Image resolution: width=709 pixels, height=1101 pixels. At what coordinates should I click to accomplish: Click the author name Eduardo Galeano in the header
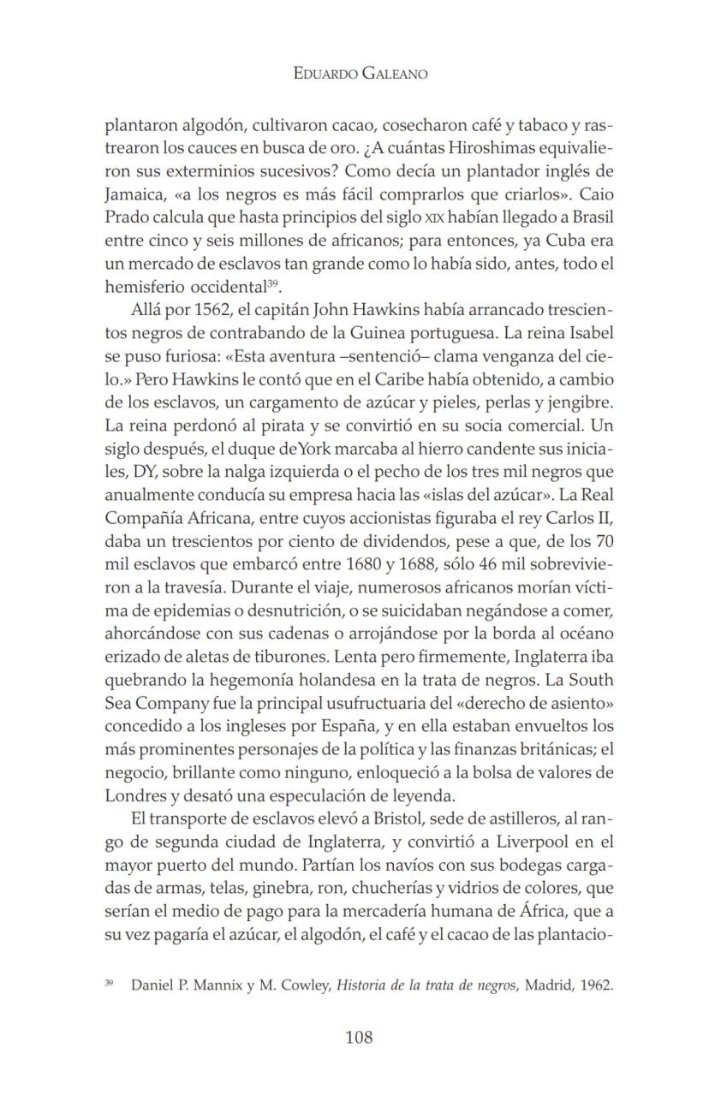coord(360,74)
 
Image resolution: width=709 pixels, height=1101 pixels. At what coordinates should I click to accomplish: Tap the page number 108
coord(359,1038)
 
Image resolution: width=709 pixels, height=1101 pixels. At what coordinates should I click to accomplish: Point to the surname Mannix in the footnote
coord(218,985)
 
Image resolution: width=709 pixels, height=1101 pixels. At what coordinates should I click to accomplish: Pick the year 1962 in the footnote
coord(596,985)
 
